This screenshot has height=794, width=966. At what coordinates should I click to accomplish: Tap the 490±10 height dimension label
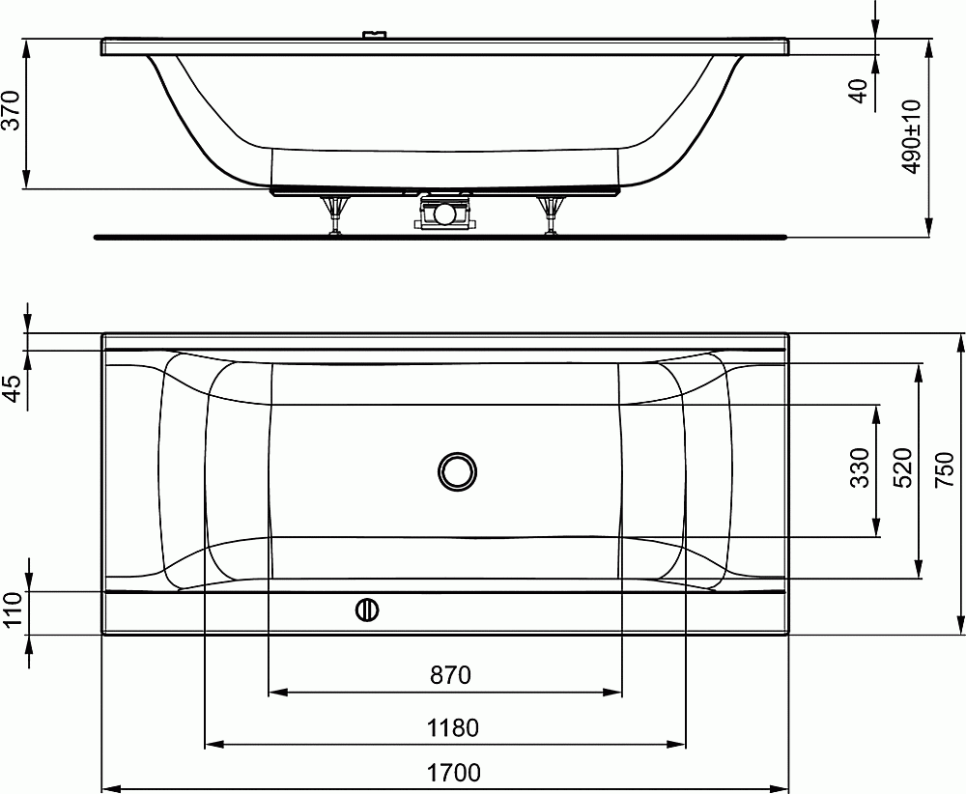tap(911, 136)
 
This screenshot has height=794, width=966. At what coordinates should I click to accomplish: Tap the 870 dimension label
tap(450, 675)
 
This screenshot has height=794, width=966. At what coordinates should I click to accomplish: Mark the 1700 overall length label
tap(452, 774)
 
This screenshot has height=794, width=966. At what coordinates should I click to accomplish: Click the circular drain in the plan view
tap(456, 471)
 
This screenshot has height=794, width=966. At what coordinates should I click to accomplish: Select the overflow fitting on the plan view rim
tap(367, 610)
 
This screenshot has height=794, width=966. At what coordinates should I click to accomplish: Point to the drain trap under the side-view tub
tap(444, 212)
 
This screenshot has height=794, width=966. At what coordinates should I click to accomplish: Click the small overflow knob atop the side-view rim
tap(373, 36)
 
